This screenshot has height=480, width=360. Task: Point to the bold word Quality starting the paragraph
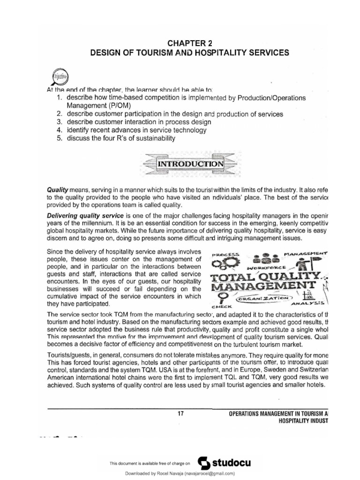tap(56, 189)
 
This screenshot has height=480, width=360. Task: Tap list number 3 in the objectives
tap(60, 122)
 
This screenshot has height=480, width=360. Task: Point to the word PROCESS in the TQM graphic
tap(225, 255)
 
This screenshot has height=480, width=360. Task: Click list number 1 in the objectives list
tap(60, 97)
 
